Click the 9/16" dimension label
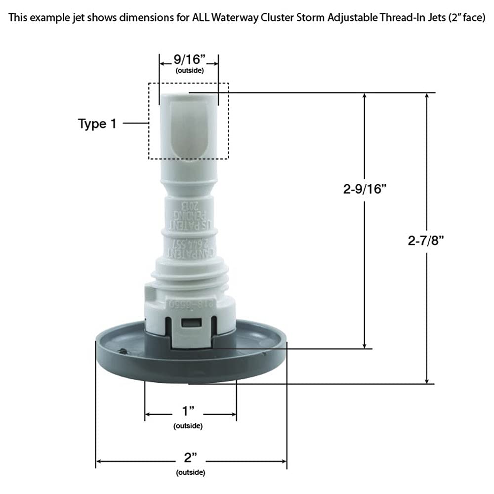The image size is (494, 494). [188, 60]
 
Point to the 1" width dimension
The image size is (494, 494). [189, 412]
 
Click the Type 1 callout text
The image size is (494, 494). [97, 123]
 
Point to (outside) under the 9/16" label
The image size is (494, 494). [189, 71]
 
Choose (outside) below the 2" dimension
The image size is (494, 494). [190, 472]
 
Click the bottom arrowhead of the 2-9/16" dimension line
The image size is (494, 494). [365, 345]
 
